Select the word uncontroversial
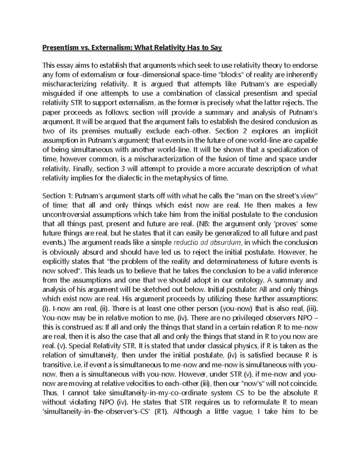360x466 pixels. point(67,215)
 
